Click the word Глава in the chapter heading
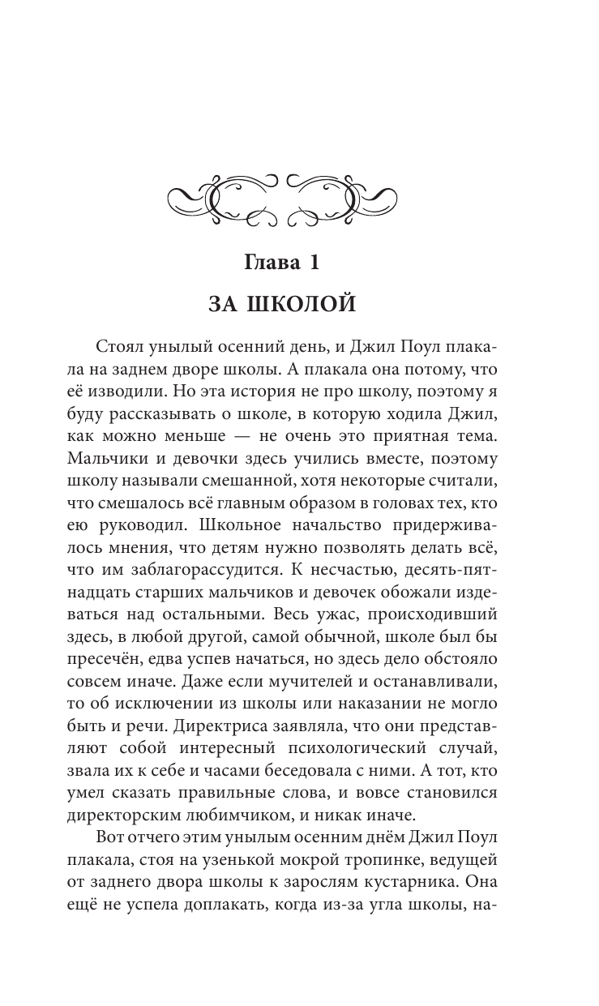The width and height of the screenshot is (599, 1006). [x=274, y=263]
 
